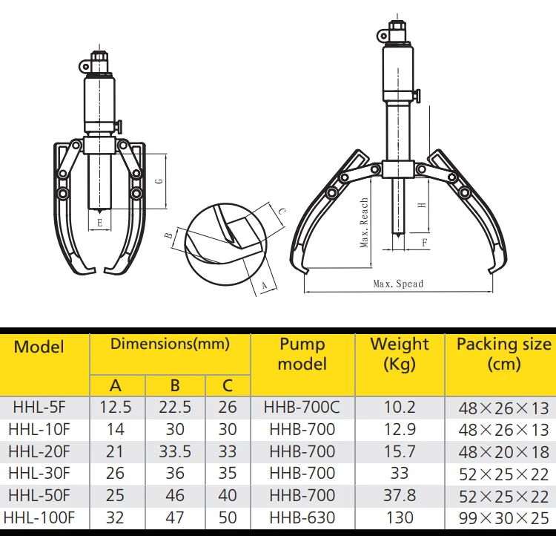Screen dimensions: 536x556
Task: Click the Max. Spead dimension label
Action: [x=398, y=284]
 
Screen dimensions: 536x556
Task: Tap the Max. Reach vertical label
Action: [x=365, y=223]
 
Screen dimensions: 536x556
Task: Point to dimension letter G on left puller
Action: [x=158, y=181]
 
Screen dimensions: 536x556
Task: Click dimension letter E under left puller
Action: [x=99, y=222]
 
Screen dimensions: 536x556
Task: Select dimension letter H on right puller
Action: [x=420, y=205]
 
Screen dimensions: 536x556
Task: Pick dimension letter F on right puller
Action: [x=423, y=242]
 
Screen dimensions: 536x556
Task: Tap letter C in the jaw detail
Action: [x=282, y=212]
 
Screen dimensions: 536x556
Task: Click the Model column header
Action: [x=39, y=347]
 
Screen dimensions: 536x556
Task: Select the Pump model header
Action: [x=302, y=354]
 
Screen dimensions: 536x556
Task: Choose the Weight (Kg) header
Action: [x=400, y=354]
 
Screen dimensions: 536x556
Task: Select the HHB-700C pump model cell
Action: [x=302, y=407]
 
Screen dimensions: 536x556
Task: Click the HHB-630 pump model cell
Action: [x=302, y=517]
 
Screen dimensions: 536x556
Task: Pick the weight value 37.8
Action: [x=400, y=495]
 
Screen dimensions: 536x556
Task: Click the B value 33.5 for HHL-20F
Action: [x=175, y=451]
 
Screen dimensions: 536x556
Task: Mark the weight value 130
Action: [x=400, y=517]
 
